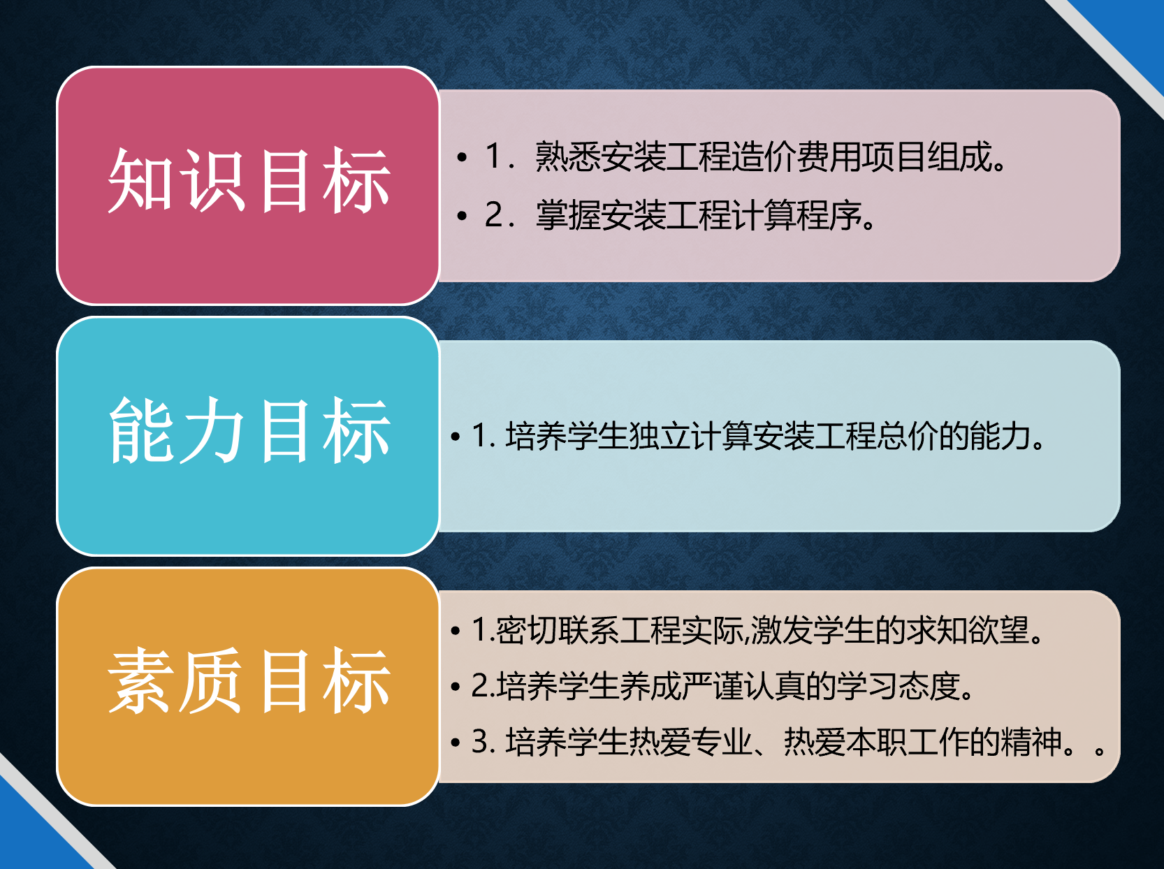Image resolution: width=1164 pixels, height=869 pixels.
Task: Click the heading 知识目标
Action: (x=249, y=180)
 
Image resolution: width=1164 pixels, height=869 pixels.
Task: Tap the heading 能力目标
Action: (x=249, y=430)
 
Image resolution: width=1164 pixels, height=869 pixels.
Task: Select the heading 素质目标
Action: (x=249, y=681)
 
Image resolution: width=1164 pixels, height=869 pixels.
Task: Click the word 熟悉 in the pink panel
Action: (x=568, y=157)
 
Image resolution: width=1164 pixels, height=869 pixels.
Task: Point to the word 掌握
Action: (x=568, y=215)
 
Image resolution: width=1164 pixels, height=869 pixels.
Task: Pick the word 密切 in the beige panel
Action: (x=527, y=630)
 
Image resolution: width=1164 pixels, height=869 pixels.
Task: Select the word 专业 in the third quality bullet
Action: (x=721, y=742)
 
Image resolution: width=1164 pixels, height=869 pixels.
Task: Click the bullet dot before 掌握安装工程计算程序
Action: (x=461, y=216)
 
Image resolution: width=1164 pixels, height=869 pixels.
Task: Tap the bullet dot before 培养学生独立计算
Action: (x=455, y=437)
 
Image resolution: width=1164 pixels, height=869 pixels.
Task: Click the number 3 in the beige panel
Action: (x=480, y=742)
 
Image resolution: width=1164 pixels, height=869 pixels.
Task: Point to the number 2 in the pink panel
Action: (x=494, y=215)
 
